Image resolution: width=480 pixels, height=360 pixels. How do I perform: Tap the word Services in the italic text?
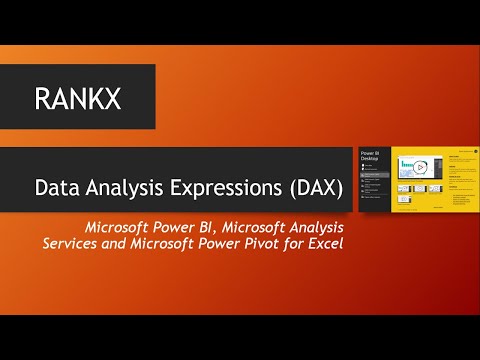pyautogui.click(x=72, y=244)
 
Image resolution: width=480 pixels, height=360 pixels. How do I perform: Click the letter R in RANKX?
pyautogui.click(x=42, y=98)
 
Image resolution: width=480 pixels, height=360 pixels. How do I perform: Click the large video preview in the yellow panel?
pyautogui.click(x=421, y=167)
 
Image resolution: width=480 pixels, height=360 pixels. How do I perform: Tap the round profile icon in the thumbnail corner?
pyautogui.click(x=476, y=151)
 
